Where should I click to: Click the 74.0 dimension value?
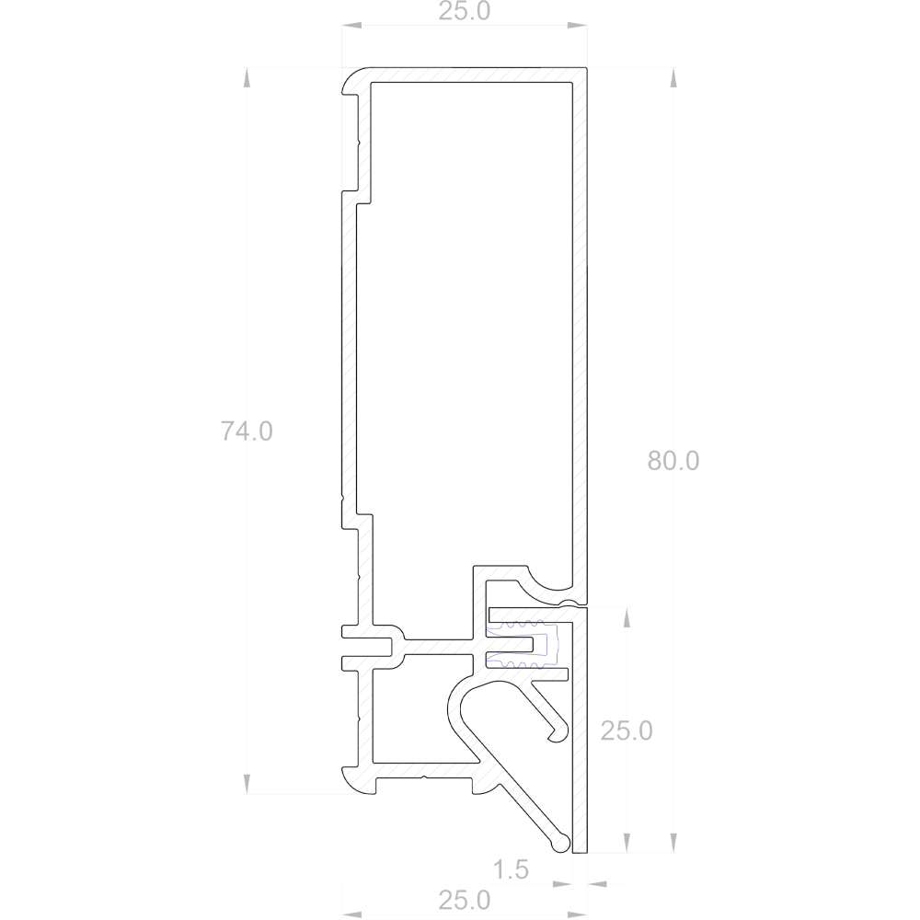(247, 431)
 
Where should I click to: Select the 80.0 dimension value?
(673, 461)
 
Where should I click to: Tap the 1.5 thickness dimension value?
(511, 869)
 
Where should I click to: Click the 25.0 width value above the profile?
(464, 11)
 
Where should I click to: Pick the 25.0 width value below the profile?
(464, 900)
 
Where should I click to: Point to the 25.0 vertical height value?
(626, 730)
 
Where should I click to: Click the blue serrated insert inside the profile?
(522, 645)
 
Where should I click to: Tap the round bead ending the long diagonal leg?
(561, 843)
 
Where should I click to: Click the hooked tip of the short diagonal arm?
(559, 733)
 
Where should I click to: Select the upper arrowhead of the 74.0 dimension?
(247, 77)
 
